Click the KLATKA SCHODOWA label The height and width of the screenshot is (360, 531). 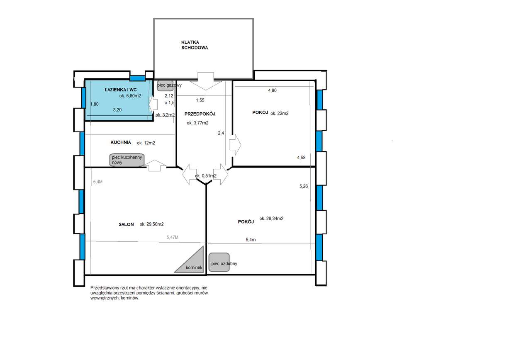(194, 45)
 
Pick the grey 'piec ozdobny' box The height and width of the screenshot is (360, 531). (219, 263)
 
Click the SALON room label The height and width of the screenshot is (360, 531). (126, 224)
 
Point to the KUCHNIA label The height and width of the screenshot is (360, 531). (121, 142)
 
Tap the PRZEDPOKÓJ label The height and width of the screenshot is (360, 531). (200, 114)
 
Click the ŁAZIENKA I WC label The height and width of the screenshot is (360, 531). (121, 90)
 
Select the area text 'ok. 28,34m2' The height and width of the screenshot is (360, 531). (271, 219)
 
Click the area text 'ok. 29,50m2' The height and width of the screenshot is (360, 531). (151, 224)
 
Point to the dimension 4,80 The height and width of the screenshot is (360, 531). (272, 90)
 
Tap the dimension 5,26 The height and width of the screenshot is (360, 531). (304, 187)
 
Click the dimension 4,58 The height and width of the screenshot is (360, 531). (302, 158)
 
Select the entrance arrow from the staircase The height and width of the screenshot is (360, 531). (205, 81)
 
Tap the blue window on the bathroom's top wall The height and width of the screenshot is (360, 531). (137, 78)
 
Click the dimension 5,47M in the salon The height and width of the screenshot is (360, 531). (172, 237)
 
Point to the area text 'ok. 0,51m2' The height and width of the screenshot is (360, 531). (205, 176)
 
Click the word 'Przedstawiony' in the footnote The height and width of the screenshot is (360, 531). (104, 287)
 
